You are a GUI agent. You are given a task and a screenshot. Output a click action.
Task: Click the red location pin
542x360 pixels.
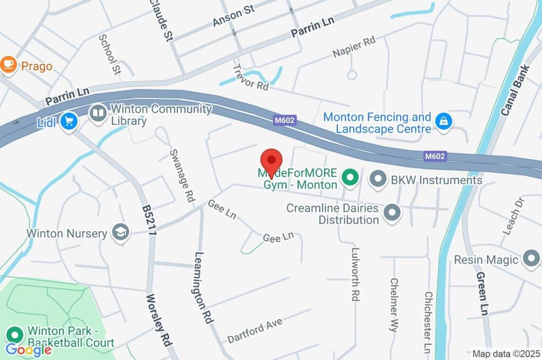click(x=272, y=160)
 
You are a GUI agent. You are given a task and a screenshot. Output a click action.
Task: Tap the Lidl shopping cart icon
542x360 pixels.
click(x=68, y=122)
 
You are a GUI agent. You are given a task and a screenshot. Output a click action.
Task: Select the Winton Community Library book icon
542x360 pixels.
click(x=98, y=113)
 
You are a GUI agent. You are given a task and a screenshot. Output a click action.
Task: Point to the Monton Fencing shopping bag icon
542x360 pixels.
click(x=441, y=122)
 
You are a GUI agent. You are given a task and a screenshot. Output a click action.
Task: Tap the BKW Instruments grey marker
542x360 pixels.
click(x=378, y=179)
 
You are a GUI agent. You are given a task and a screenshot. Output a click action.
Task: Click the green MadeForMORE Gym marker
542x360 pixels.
click(x=349, y=178)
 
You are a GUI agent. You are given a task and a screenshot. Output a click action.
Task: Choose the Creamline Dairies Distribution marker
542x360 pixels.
click(x=392, y=213)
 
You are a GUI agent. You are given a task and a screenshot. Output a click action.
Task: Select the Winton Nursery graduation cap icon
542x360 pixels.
click(x=121, y=232)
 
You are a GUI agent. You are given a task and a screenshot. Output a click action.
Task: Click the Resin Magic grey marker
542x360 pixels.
click(x=530, y=259)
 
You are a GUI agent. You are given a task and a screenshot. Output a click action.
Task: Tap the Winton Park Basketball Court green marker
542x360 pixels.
click(x=14, y=335)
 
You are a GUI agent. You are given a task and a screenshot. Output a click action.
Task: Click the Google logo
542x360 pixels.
click(x=29, y=349)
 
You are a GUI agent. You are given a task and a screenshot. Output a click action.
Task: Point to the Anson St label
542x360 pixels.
click(x=233, y=16)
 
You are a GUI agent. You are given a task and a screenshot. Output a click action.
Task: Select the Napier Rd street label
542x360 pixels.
click(x=354, y=47)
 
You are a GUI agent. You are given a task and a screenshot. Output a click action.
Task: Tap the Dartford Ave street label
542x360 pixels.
click(x=255, y=330)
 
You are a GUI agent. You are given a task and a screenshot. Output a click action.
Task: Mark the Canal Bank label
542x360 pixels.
click(x=514, y=91)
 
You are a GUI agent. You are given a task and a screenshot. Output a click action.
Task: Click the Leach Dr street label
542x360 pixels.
click(x=513, y=215)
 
